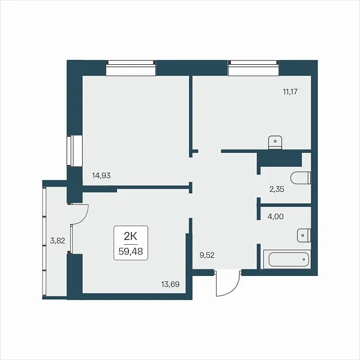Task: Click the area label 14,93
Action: click(101, 176)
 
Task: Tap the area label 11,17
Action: click(290, 92)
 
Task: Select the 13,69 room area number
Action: click(170, 284)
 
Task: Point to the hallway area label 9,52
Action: click(207, 256)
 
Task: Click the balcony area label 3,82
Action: click(58, 241)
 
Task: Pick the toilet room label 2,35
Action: click(277, 190)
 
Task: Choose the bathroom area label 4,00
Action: click(275, 217)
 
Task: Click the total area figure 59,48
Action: click(131, 251)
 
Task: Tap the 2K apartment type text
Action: click(130, 236)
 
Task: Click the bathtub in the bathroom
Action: click(287, 259)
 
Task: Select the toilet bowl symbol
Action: click(301, 178)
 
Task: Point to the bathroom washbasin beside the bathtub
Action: click(304, 235)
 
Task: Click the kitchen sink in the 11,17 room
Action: click(275, 142)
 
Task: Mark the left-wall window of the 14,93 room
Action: click(74, 151)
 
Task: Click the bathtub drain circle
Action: click(304, 259)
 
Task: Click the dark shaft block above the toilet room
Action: click(279, 159)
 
